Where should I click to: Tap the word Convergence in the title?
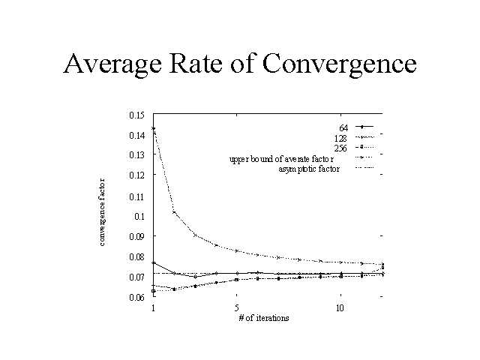(340, 64)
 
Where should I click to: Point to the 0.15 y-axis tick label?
(136, 115)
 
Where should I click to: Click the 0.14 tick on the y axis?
(136, 136)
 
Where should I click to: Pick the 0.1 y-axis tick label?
(138, 217)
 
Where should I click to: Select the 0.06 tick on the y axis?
(136, 298)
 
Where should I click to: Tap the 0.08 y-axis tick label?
(136, 257)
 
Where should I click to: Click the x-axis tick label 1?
(153, 308)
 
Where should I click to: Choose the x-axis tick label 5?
(236, 308)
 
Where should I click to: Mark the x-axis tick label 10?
(340, 308)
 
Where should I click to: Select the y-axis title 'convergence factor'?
(102, 211)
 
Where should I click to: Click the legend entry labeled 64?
(344, 127)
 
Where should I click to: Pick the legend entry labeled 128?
(342, 138)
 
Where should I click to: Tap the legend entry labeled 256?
(342, 148)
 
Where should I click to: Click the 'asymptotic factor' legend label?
(308, 169)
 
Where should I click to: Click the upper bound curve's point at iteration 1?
(154, 128)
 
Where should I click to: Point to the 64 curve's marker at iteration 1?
(154, 263)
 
